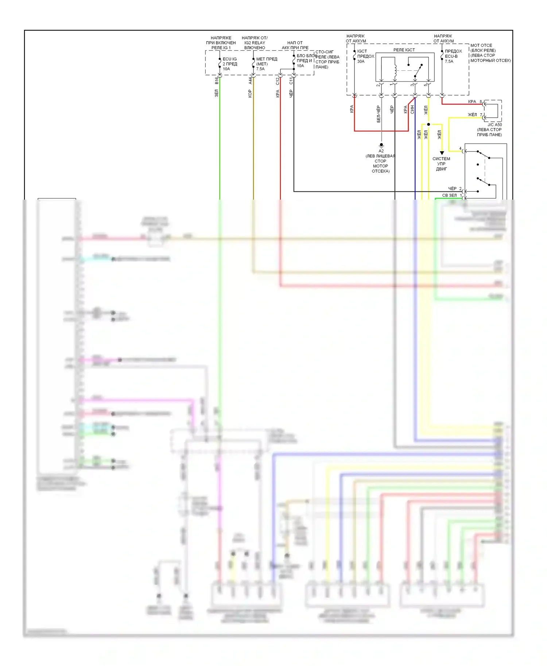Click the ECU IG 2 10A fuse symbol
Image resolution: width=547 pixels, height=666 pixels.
point(220,64)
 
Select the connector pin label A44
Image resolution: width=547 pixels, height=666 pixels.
point(250,80)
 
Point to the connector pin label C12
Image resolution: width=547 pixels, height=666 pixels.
point(278,81)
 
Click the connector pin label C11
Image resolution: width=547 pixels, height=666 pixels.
point(291,81)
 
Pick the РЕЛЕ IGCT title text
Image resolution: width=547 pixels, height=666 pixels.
point(404,50)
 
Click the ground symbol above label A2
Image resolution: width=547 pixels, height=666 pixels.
point(381,145)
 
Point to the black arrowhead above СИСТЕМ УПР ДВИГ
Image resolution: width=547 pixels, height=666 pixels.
point(442,153)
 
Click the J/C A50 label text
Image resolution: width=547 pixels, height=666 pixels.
point(494,125)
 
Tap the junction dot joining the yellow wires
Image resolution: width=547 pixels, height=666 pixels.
point(428,125)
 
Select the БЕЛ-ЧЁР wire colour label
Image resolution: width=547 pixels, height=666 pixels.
point(379,114)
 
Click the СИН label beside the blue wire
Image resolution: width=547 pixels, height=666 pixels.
point(412,109)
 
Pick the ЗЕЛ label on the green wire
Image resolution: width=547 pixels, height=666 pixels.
point(216,93)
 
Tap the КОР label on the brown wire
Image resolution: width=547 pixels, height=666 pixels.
point(250,94)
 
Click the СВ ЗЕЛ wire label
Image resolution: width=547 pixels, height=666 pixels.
point(449,196)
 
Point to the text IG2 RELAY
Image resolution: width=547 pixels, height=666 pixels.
point(255,43)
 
